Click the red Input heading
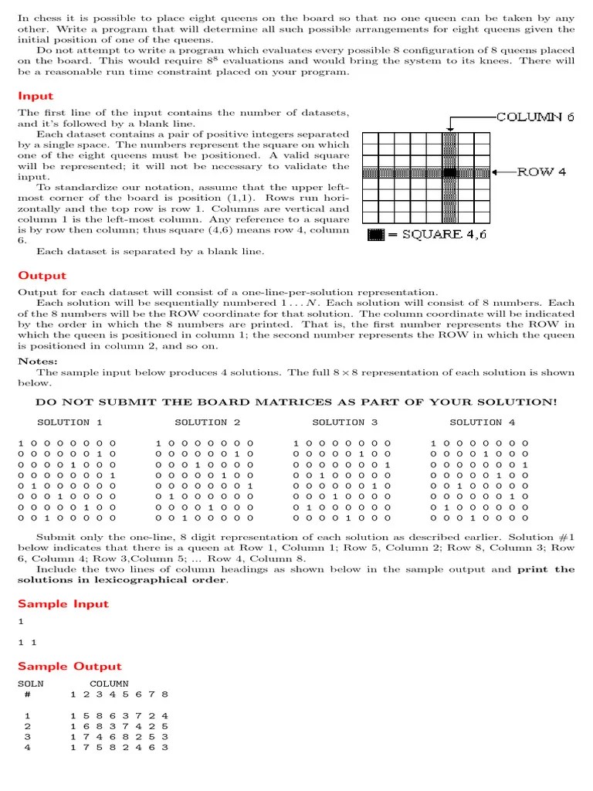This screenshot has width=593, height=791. click(36, 96)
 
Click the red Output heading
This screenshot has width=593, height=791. click(42, 276)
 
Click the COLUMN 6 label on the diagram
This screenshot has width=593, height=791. click(535, 117)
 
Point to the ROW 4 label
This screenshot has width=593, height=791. click(541, 171)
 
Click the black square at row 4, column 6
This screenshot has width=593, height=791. click(449, 172)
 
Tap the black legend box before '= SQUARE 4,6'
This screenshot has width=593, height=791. click(375, 235)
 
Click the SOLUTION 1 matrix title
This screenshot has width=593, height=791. click(69, 423)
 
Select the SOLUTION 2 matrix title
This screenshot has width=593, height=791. click(207, 423)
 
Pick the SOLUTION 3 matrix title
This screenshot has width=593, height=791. click(344, 423)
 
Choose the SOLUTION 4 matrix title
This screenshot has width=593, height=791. click(482, 423)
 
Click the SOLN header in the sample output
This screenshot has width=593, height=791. click(31, 684)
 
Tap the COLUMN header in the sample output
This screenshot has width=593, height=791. click(109, 684)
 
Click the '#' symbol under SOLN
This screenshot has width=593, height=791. click(28, 694)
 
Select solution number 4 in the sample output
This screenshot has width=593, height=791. click(28, 747)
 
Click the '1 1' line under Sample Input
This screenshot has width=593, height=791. click(27, 642)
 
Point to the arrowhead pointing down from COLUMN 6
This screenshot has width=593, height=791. click(449, 127)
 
